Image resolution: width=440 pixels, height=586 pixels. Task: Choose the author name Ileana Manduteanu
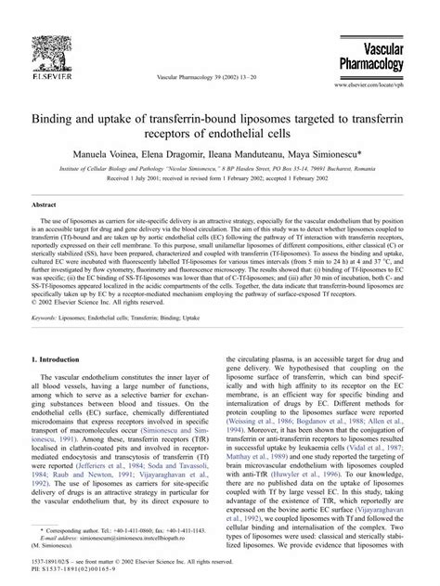pyautogui.click(x=270, y=150)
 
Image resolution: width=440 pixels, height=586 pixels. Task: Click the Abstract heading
pyautogui.click(x=46, y=203)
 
